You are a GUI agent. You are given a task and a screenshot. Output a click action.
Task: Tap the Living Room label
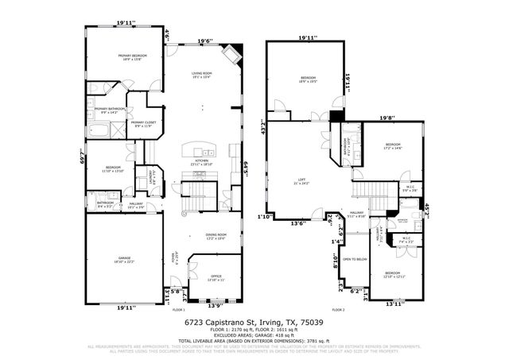(x=201, y=75)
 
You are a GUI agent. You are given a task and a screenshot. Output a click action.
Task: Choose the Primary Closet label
(x=143, y=123)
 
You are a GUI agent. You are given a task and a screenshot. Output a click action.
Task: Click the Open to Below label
(x=354, y=259)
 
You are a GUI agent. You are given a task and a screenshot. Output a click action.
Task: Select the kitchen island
(x=196, y=151)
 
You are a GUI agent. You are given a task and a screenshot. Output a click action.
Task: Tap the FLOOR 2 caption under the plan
(x=338, y=309)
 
